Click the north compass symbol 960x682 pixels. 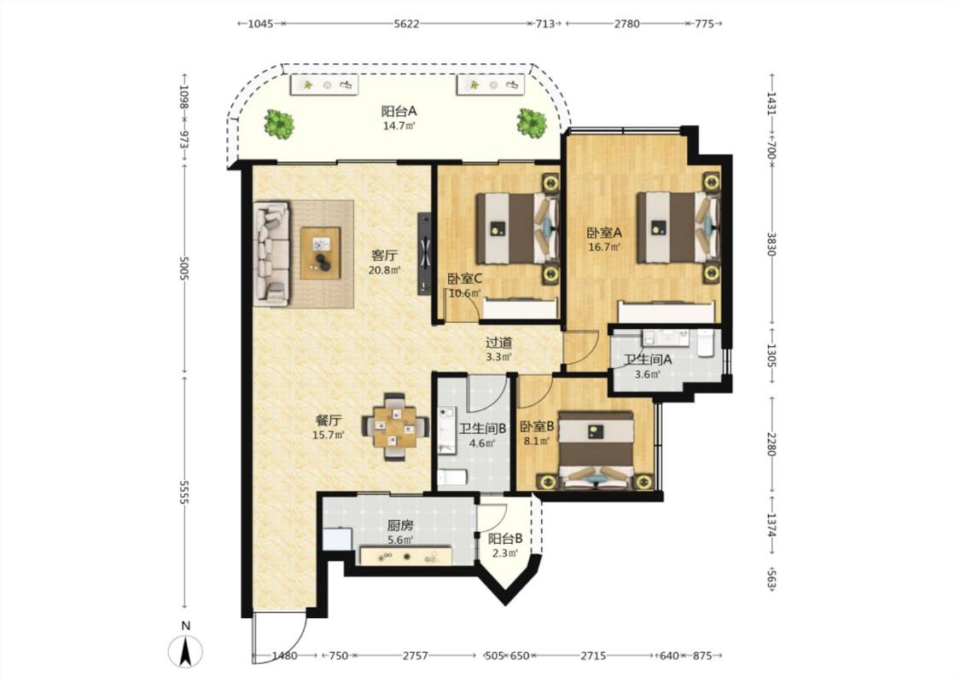(x=185, y=650)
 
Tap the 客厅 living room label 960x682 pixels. (x=385, y=254)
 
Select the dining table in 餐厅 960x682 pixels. (x=395, y=427)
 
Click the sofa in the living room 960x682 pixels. (x=271, y=254)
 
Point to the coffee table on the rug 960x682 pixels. (x=320, y=252)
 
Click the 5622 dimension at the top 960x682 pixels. (x=406, y=24)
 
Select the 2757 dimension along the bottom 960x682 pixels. (x=415, y=656)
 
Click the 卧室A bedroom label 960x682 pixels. (x=604, y=233)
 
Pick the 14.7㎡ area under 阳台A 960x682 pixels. (x=399, y=126)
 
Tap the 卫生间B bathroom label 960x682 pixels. (x=482, y=429)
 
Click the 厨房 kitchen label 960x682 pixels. (x=400, y=525)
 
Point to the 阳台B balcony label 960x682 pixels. (x=505, y=539)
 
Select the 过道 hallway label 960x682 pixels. (x=498, y=344)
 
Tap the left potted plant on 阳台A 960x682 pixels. (x=279, y=124)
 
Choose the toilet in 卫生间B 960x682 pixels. (x=452, y=477)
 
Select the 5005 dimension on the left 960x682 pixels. (x=183, y=268)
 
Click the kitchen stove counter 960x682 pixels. (x=406, y=556)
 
